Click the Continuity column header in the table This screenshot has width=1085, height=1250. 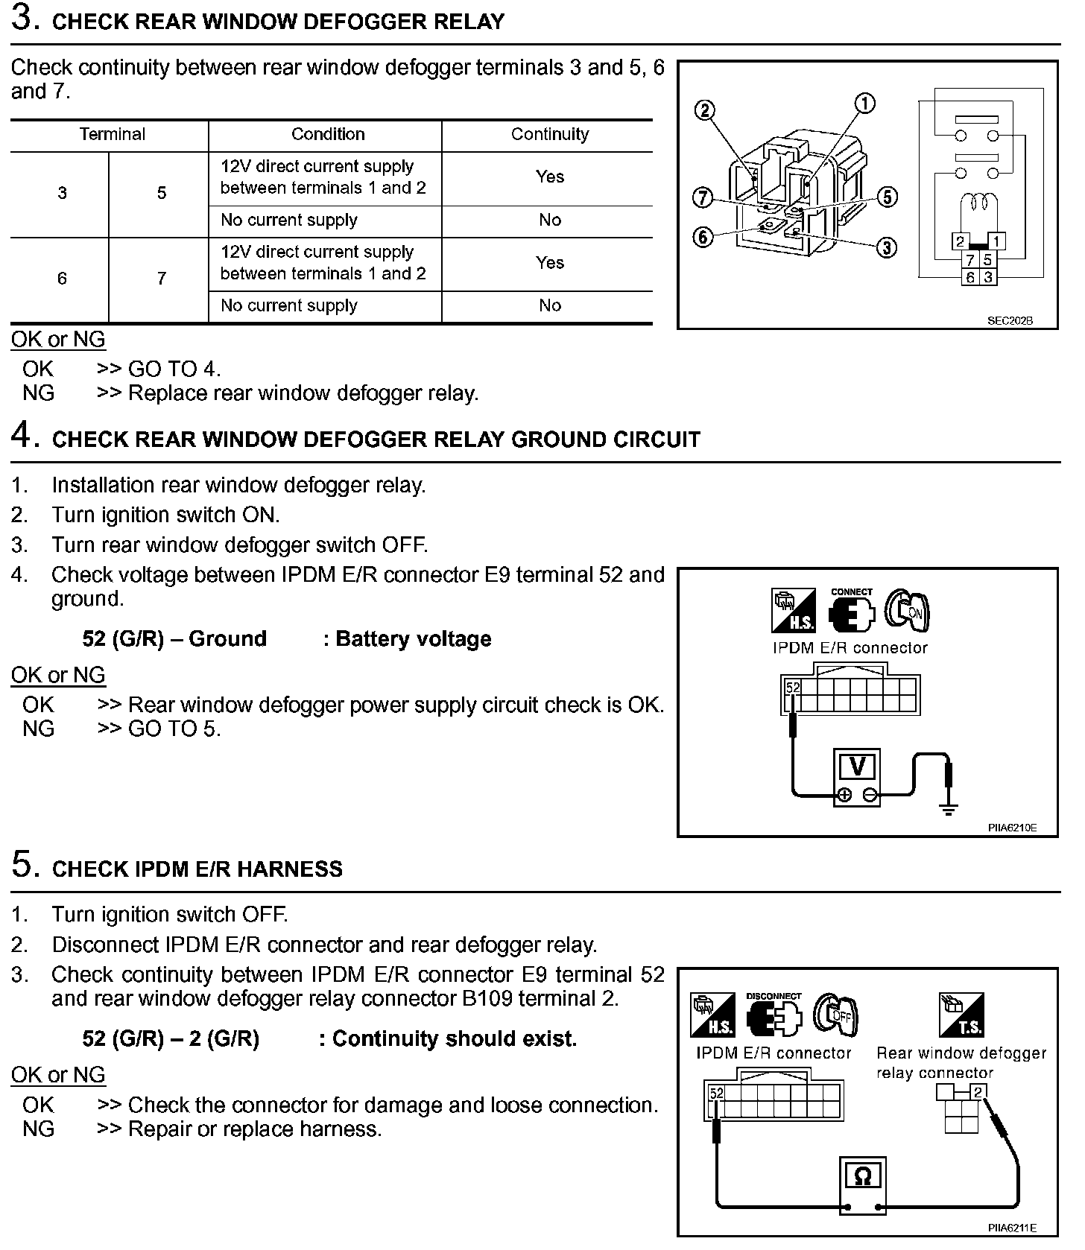[x=549, y=134]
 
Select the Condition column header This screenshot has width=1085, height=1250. [x=328, y=134]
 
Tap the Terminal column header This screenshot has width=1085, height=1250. [x=112, y=134]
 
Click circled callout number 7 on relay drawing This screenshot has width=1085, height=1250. [x=703, y=198]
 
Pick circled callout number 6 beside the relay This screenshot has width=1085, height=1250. [x=703, y=237]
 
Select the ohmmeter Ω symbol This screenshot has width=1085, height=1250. [x=862, y=1176]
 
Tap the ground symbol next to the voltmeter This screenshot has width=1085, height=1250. [x=948, y=808]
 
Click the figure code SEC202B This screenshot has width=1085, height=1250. [x=1010, y=321]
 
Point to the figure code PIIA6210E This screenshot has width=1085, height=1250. [x=1012, y=828]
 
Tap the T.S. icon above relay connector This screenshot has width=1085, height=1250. [x=962, y=1014]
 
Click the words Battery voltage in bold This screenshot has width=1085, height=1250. [x=413, y=639]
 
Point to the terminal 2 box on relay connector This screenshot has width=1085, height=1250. [x=978, y=1091]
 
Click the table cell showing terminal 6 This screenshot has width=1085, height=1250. [x=62, y=279]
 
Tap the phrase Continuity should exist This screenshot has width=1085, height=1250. [x=455, y=1039]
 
